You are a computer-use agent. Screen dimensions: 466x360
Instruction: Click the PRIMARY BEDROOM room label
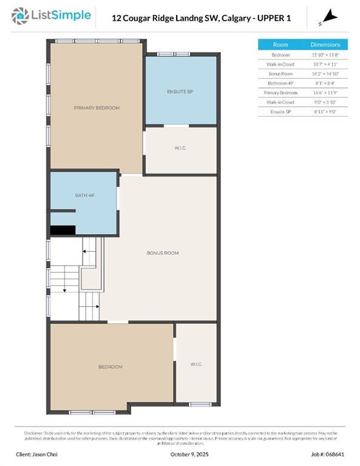point(97,108)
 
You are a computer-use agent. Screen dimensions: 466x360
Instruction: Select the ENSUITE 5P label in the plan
point(180,91)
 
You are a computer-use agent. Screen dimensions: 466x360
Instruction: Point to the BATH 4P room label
point(84,195)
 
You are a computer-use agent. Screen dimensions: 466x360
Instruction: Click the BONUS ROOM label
point(162,253)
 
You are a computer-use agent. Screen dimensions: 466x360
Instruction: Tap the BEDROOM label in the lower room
point(110,366)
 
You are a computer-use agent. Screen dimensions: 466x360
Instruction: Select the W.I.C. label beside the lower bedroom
point(195,364)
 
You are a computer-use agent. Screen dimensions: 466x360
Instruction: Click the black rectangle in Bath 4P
point(63,230)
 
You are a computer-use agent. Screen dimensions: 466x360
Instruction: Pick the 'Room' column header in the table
point(280,45)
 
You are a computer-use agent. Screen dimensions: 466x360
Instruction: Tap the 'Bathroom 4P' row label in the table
point(280,83)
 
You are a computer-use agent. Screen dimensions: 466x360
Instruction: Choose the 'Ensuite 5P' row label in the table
point(280,112)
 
